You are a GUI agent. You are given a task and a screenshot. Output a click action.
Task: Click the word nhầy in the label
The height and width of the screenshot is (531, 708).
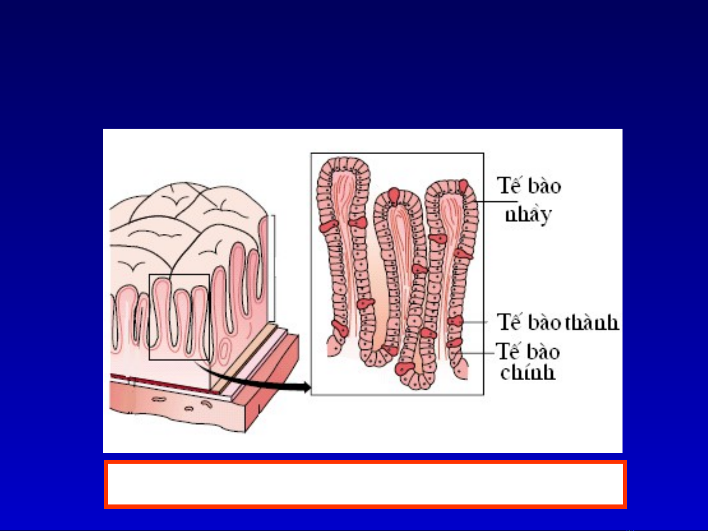pos(528,215)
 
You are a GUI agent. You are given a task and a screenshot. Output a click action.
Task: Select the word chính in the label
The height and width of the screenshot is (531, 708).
pos(528,373)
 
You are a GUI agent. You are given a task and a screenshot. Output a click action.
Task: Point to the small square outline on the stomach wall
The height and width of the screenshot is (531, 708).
pos(179,275)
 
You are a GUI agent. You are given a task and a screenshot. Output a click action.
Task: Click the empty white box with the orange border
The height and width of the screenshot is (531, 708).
pos(365,484)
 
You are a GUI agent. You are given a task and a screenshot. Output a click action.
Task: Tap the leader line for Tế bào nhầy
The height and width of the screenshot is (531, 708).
pos(496,202)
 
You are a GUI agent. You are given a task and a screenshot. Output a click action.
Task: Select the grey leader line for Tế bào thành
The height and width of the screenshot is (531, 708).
pos(475,322)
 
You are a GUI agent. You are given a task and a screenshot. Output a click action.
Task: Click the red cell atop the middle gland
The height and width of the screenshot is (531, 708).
pos(394,196)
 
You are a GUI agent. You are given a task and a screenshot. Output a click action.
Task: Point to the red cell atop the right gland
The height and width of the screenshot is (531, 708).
pos(463,187)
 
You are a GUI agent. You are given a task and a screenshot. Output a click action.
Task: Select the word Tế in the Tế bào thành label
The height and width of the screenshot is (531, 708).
pos(509,321)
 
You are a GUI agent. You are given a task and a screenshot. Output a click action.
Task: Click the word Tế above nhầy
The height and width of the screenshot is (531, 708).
pos(508,185)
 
